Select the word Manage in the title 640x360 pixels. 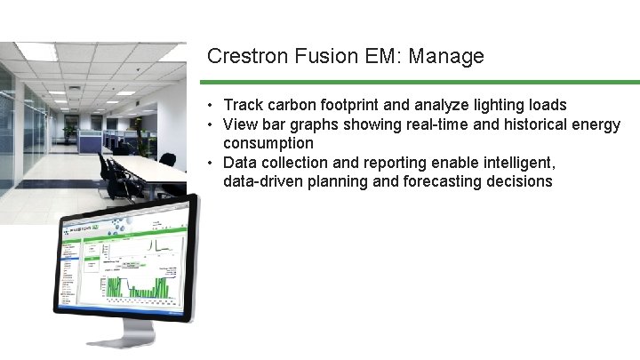pos(448,57)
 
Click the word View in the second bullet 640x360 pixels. pos(240,124)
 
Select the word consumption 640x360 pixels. pos(268,143)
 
